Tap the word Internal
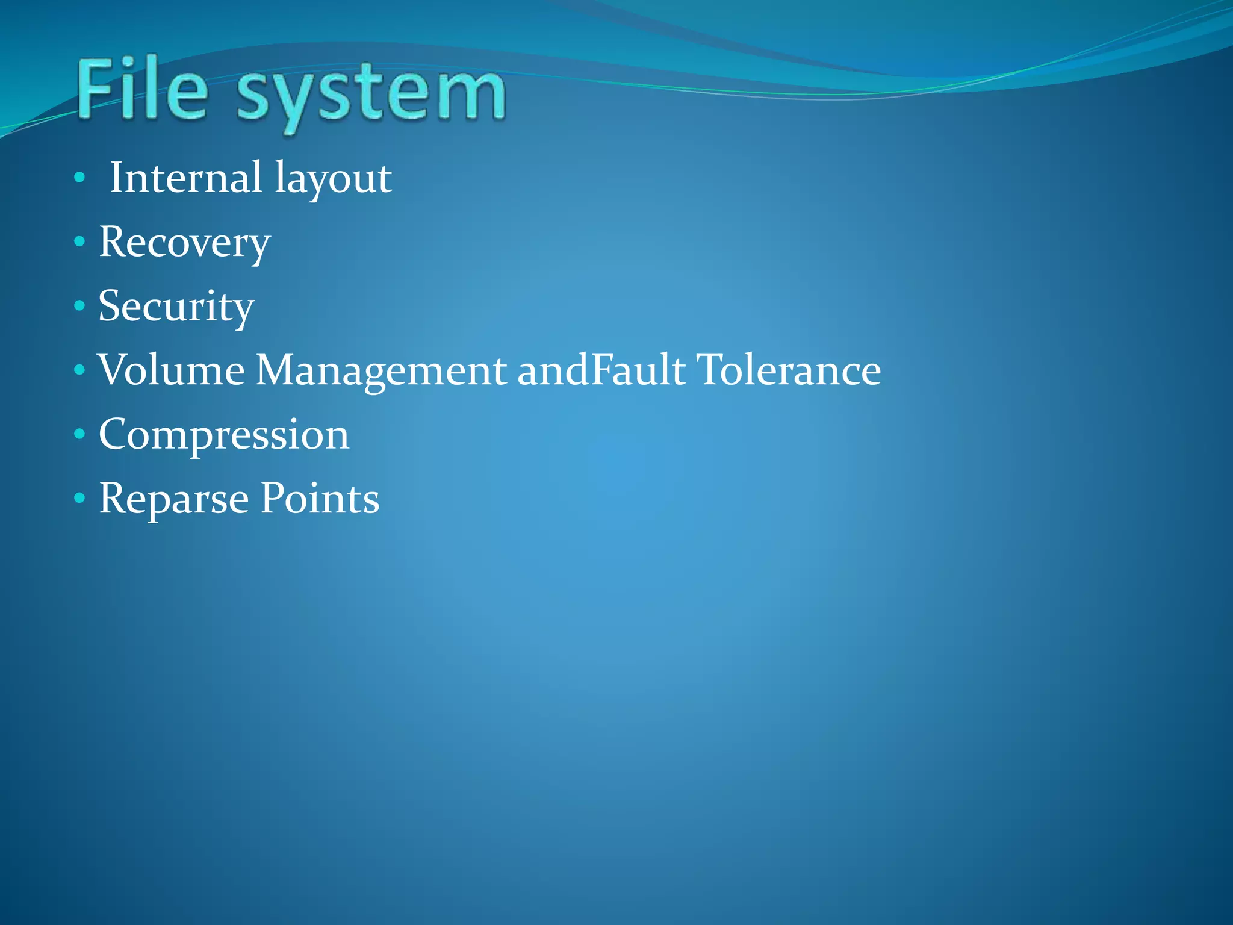tap(186, 178)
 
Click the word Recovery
tap(184, 243)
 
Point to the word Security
tap(176, 307)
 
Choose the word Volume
tap(172, 370)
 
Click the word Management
tap(381, 371)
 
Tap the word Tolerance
tap(789, 370)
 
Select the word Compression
tap(224, 435)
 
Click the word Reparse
tap(174, 500)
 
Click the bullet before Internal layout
tap(79, 178)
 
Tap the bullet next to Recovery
tap(79, 242)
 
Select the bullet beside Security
tap(79, 306)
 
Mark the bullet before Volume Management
tap(79, 370)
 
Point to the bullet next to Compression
tap(79, 434)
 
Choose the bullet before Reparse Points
tap(79, 498)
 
